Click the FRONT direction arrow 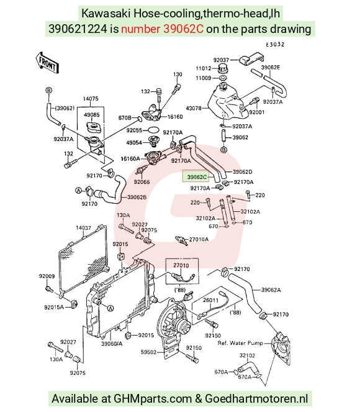[47, 63]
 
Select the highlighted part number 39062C [197, 177]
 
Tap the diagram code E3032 [275, 45]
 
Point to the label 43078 [194, 108]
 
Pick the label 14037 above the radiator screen [83, 228]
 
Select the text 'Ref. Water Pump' [240, 343]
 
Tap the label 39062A [271, 290]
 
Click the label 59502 [148, 352]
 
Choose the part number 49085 [92, 115]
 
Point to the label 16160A [130, 158]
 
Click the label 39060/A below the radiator [112, 344]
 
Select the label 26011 [210, 300]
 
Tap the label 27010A [199, 239]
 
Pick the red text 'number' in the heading [140, 29]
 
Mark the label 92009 [47, 276]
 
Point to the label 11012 [204, 68]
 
